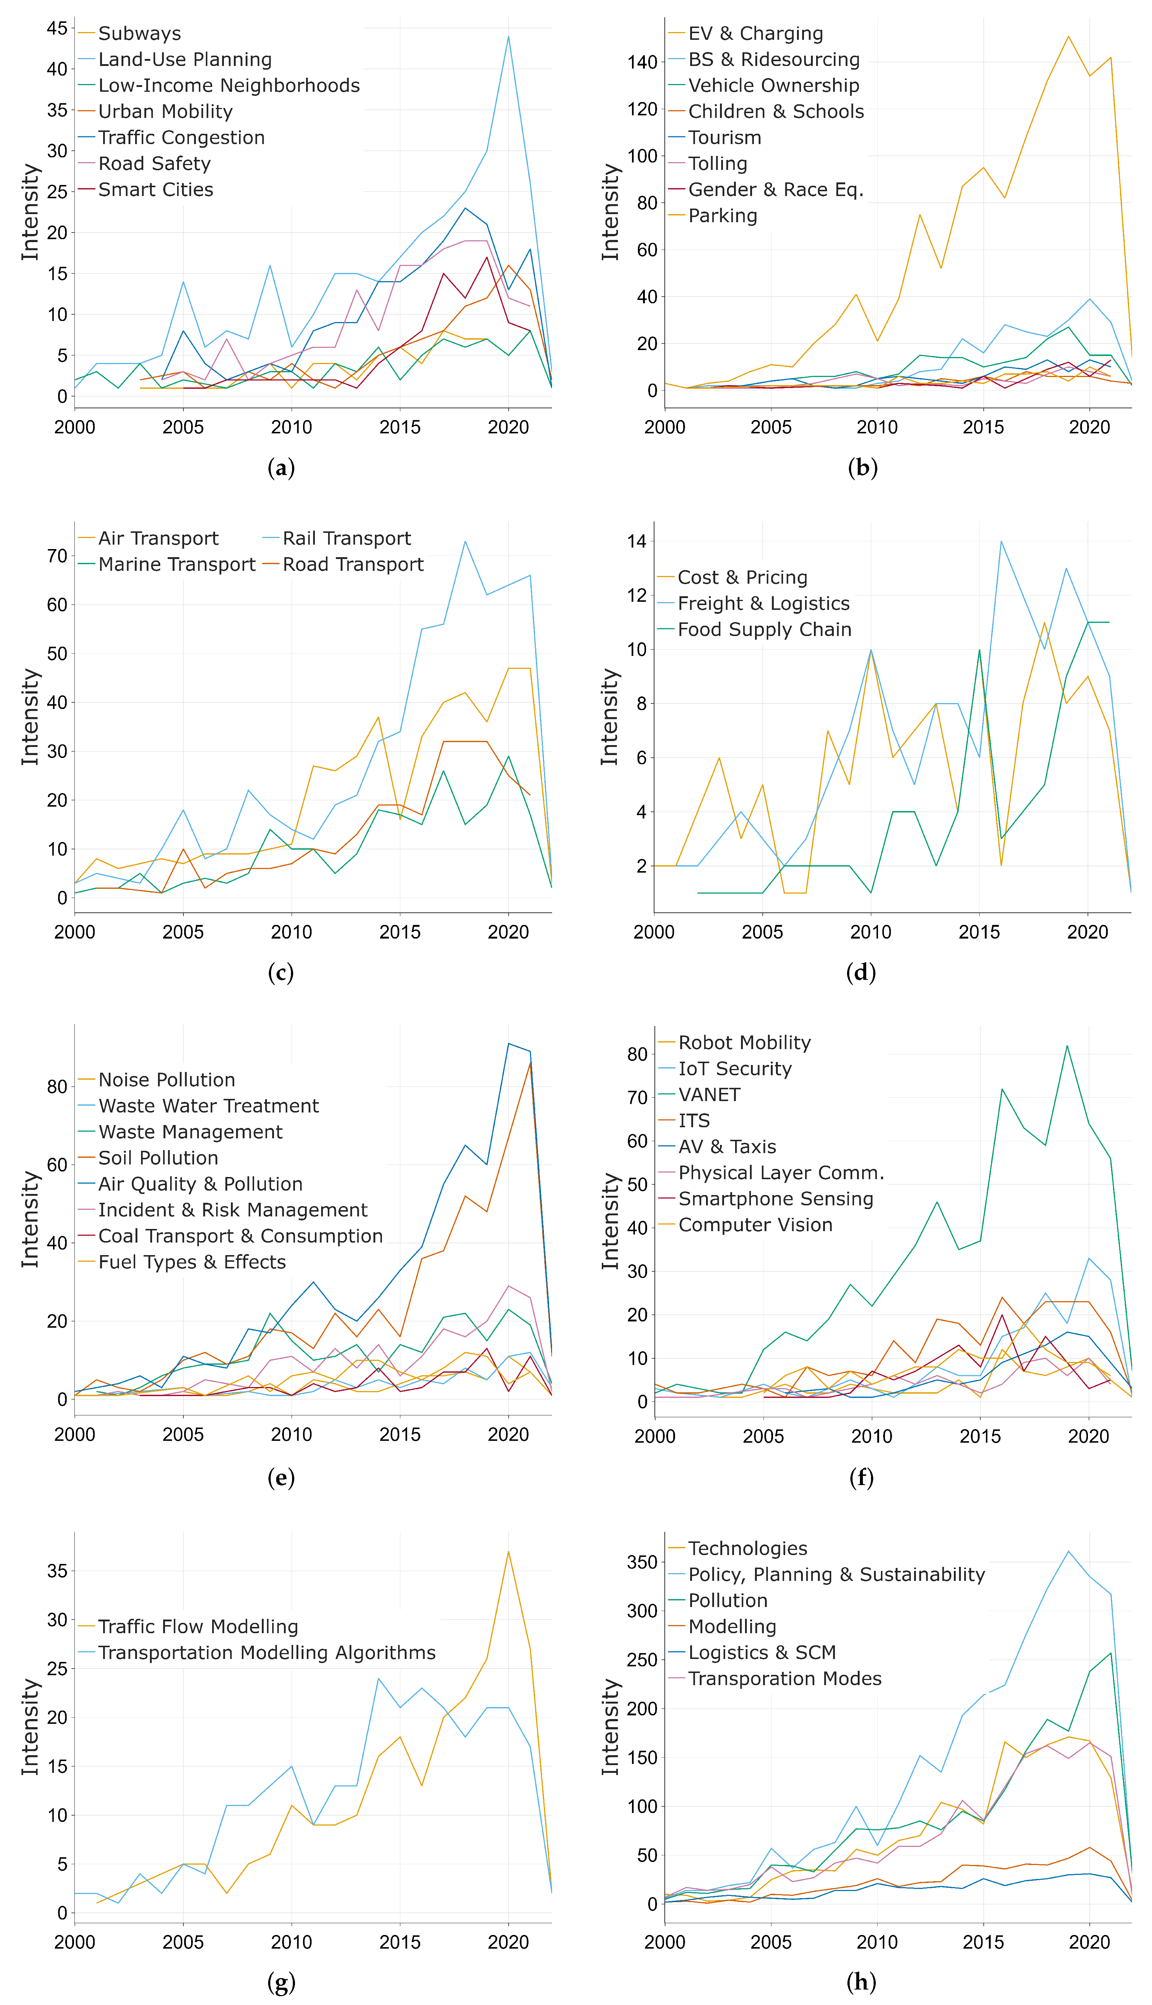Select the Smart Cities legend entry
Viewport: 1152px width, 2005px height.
[155, 190]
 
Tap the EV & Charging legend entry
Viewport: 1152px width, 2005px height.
[755, 33]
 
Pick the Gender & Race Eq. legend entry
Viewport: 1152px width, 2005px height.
[775, 190]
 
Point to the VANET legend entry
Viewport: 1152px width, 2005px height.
[709, 1095]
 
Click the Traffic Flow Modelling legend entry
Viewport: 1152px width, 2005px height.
[198, 1627]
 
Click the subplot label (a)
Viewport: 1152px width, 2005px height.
[281, 468]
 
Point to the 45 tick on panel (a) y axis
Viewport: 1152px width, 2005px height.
[57, 28]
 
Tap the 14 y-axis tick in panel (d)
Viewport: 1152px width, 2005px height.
[637, 541]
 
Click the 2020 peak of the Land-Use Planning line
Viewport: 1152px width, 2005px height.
[508, 36]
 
